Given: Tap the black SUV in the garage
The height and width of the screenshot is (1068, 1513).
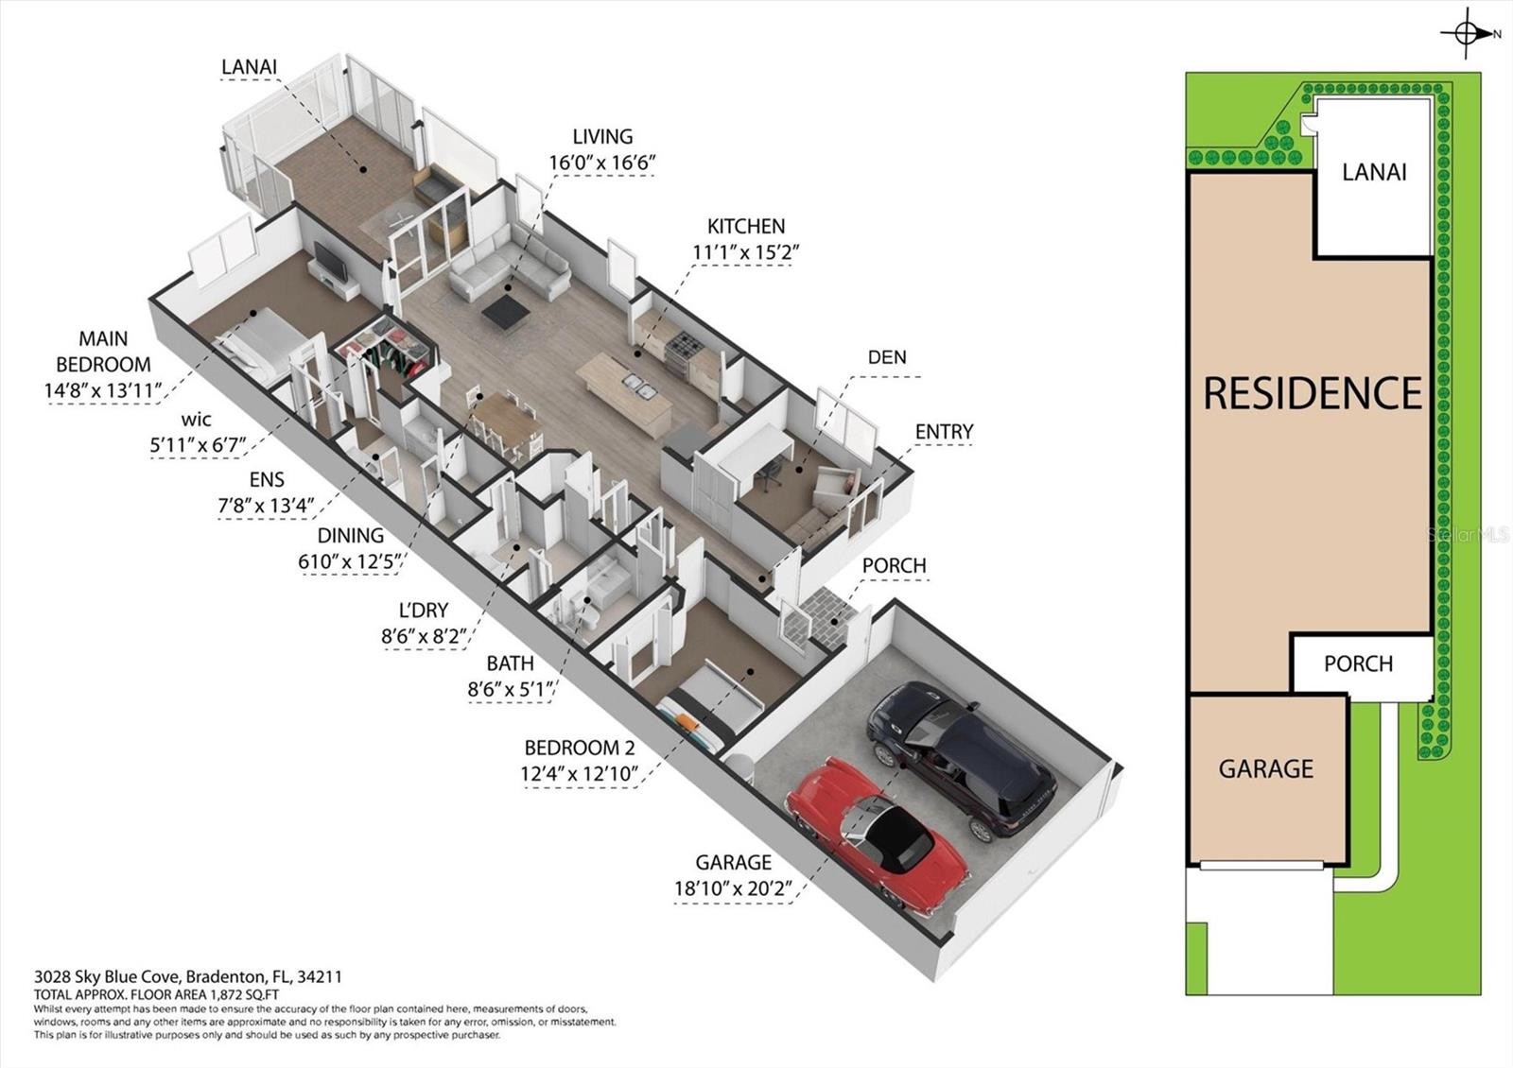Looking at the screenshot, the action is point(962,760).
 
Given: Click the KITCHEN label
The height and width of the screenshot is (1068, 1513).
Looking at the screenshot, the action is point(746,226).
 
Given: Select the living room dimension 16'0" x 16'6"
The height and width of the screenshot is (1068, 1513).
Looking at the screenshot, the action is point(602,163).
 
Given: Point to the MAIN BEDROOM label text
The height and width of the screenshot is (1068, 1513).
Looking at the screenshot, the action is point(103,351).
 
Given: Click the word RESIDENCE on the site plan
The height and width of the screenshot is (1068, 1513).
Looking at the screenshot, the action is point(1313,393).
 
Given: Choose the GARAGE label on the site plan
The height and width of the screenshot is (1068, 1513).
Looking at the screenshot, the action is point(1266,769).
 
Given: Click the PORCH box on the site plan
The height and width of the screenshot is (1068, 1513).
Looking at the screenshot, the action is point(1363,663).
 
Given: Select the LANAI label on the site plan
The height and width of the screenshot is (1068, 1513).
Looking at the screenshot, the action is point(1374,173).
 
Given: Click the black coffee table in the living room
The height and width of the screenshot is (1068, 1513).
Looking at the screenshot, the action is point(505,311).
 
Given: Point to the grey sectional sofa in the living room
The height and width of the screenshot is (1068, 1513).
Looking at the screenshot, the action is point(511,264).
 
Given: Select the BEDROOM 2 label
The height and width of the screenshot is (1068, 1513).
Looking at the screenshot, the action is point(581,748).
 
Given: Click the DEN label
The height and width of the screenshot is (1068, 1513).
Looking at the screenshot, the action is point(887,357).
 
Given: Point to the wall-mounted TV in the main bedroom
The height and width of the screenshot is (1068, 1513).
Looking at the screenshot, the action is point(331,261).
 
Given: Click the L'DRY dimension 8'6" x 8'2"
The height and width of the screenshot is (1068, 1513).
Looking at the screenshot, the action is point(423,636).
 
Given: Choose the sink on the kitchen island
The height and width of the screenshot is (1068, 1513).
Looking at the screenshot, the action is point(638,385).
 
